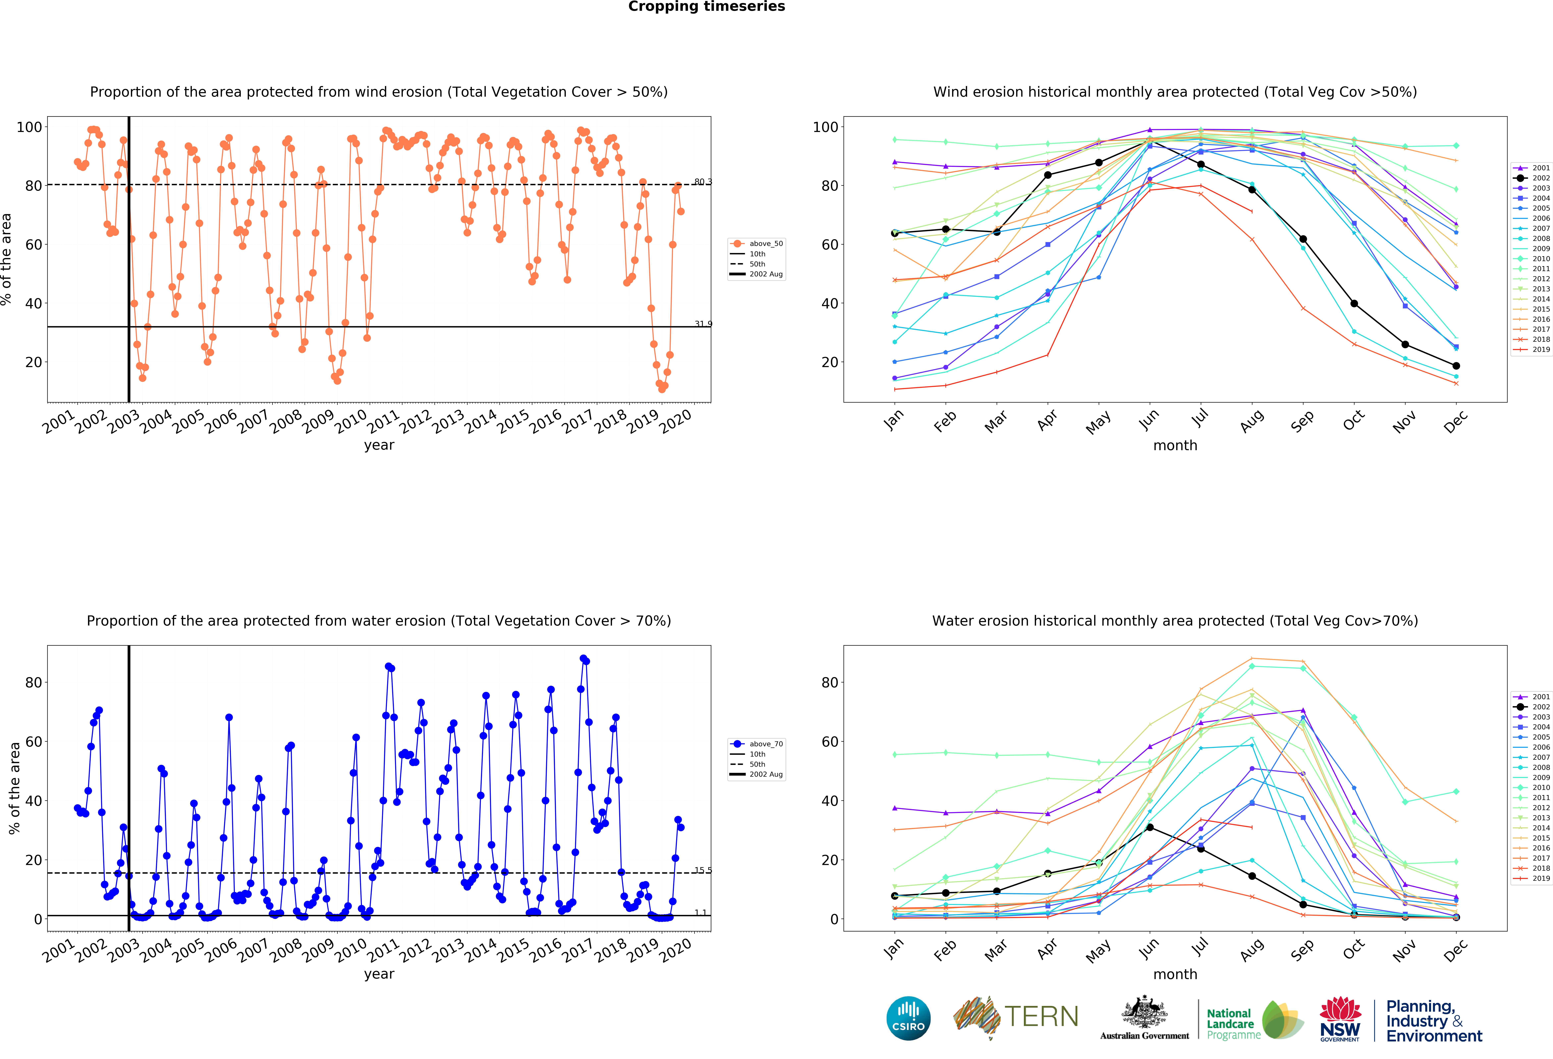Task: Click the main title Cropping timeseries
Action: (x=706, y=7)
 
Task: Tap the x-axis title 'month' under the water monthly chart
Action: (x=1175, y=974)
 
